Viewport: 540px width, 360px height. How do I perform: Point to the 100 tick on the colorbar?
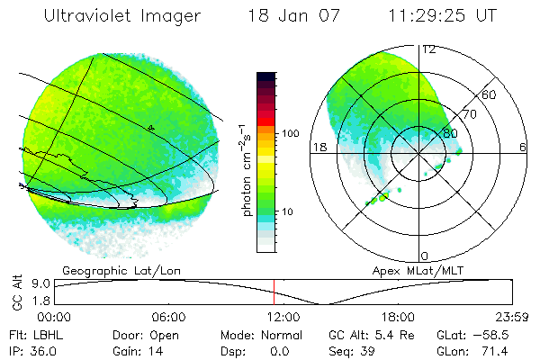click(291, 133)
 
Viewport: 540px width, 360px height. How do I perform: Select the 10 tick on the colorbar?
click(288, 212)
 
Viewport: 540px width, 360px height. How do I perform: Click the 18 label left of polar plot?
click(318, 147)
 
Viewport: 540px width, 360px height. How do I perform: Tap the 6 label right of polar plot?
click(523, 147)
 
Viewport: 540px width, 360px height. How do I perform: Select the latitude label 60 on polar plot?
click(490, 94)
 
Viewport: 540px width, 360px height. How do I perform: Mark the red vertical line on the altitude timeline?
click(274, 292)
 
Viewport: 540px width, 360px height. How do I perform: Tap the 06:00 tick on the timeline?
click(168, 317)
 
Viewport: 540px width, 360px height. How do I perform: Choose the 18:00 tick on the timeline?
click(397, 317)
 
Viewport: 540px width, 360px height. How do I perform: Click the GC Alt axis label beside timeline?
click(15, 293)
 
